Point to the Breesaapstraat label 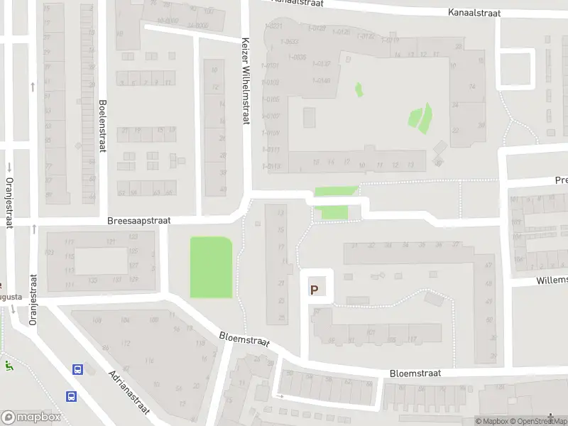[x=139, y=221]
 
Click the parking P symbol [x=314, y=290]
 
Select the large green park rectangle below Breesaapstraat [x=211, y=267]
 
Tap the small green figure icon [x=9, y=366]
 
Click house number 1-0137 [x=320, y=63]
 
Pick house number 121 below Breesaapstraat [x=111, y=242]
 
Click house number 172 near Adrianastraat [x=126, y=344]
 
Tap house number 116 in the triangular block [x=150, y=361]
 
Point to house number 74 [x=471, y=87]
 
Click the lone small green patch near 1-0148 [x=359, y=89]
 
